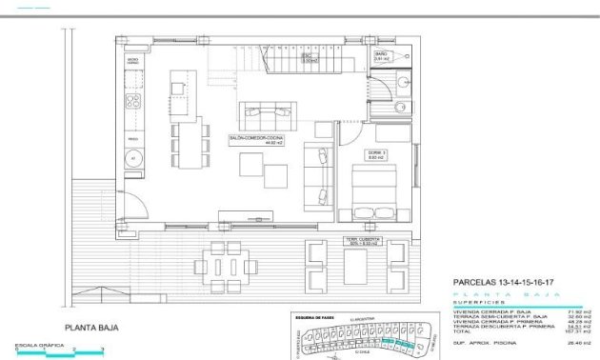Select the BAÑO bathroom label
(381, 57)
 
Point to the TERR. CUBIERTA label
(363, 241)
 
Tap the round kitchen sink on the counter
(133, 157)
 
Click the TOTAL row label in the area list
(462, 331)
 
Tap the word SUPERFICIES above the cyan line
(475, 302)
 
